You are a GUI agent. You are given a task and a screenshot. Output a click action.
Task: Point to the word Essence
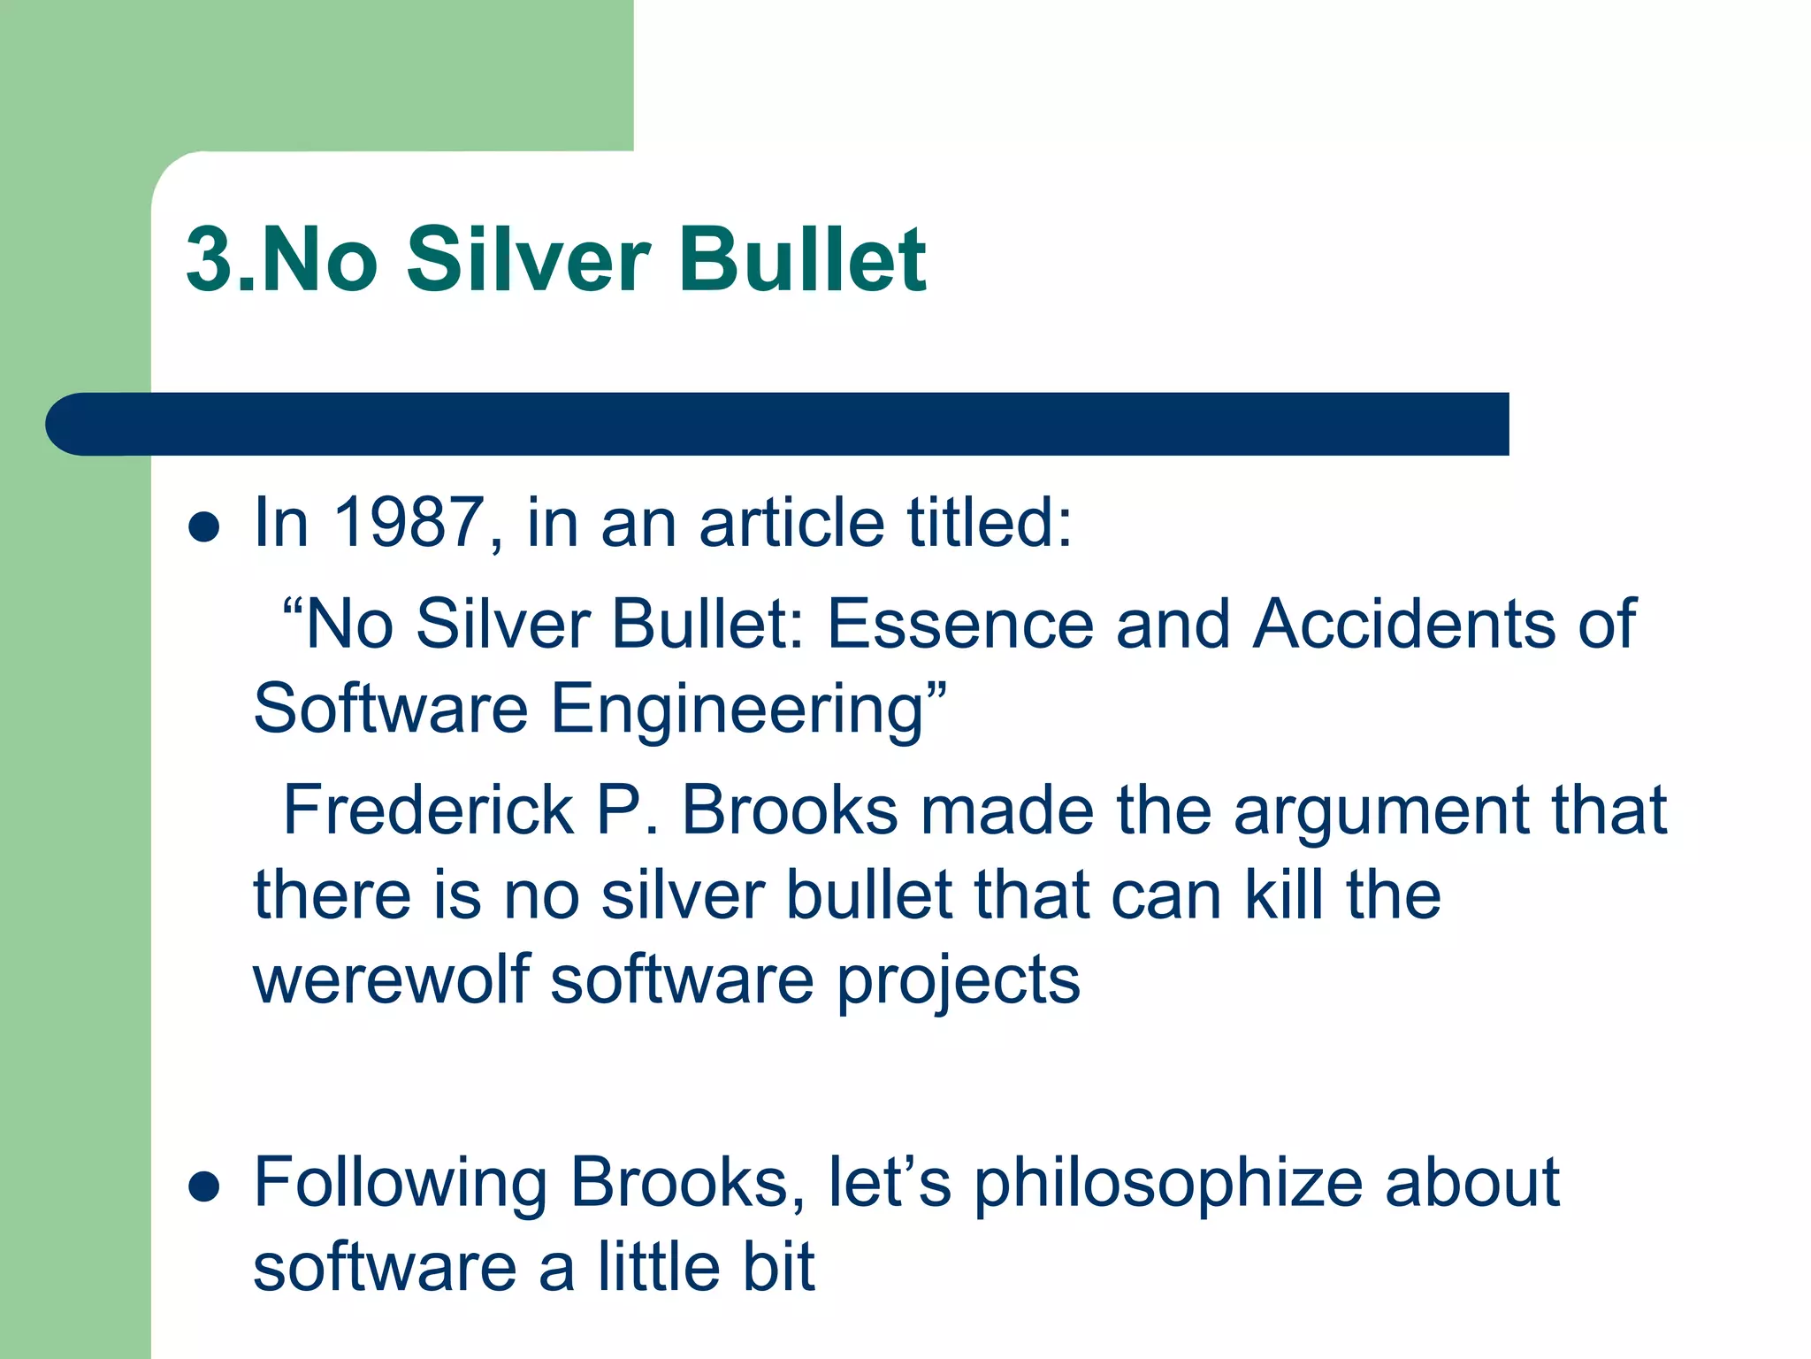pyautogui.click(x=960, y=624)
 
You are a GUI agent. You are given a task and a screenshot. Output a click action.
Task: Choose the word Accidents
pyautogui.click(x=1403, y=624)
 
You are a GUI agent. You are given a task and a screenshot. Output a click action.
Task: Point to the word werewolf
pyautogui.click(x=391, y=979)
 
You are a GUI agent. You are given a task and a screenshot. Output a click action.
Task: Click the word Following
pyautogui.click(x=400, y=1183)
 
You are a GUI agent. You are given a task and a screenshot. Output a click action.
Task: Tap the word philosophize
pyautogui.click(x=1167, y=1183)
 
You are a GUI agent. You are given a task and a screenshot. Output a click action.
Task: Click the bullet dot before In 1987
pyautogui.click(x=204, y=527)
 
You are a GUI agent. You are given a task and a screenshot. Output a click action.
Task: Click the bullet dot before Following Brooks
pyautogui.click(x=204, y=1187)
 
